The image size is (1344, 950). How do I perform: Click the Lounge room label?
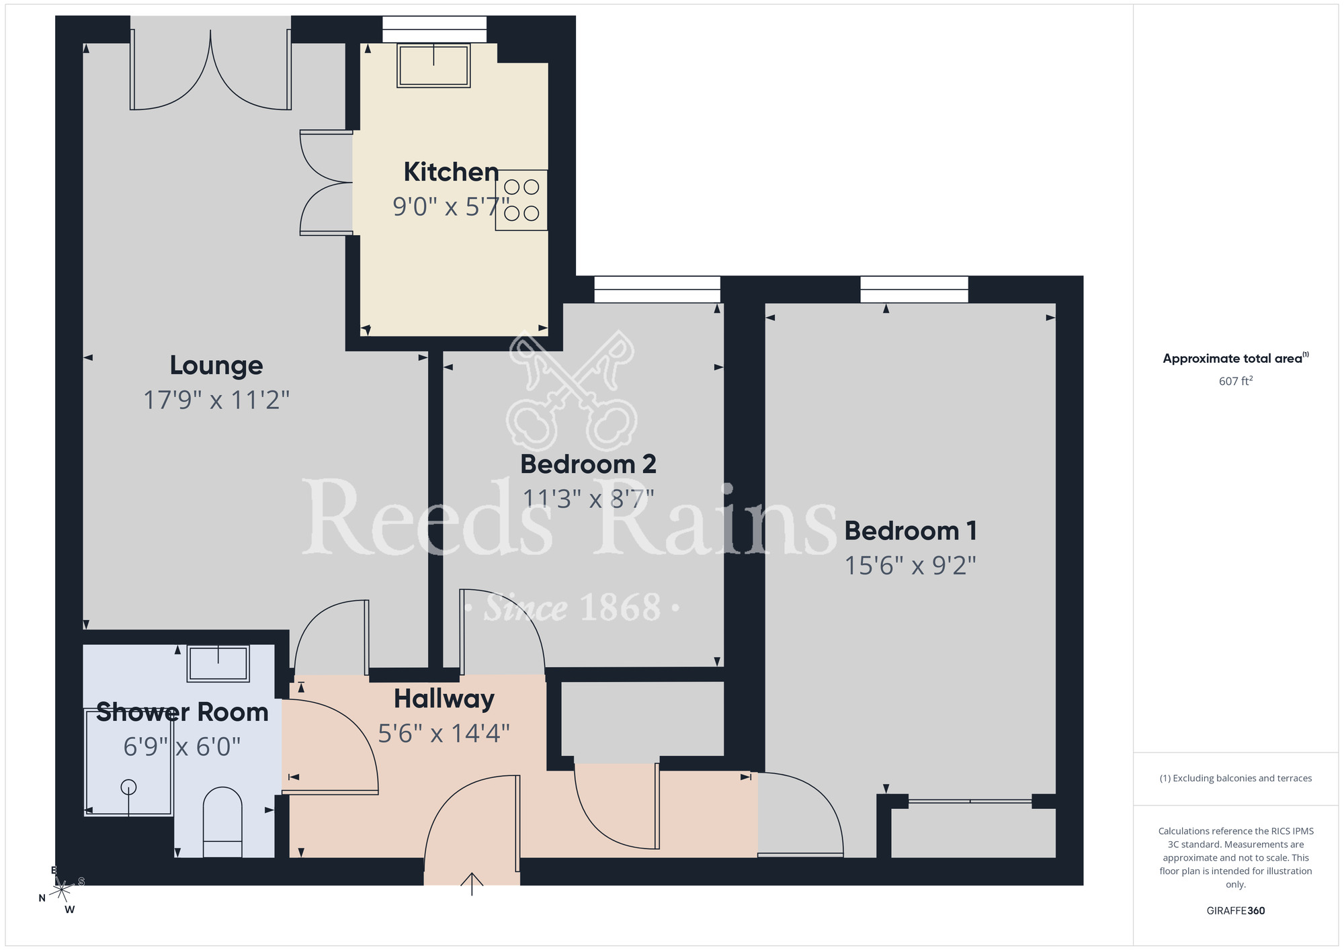click(216, 365)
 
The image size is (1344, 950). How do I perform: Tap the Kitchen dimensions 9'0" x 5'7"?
click(450, 206)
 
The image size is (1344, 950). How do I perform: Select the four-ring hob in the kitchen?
click(521, 200)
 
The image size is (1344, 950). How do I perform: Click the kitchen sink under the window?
click(433, 65)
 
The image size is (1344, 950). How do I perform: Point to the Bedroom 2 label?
click(588, 464)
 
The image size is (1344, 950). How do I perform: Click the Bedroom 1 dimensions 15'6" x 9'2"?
click(910, 566)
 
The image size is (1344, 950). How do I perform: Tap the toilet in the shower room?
click(222, 822)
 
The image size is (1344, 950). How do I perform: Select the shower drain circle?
click(128, 787)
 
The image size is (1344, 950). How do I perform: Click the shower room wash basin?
click(218, 663)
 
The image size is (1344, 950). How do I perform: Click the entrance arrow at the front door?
click(472, 883)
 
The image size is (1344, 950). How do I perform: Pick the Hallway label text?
click(444, 699)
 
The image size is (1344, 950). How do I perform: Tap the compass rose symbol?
click(62, 890)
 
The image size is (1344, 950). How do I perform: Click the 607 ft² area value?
click(1235, 381)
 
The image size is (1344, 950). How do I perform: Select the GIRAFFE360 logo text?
click(1235, 911)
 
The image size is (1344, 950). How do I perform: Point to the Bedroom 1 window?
click(914, 290)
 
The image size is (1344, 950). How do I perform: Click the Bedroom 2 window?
click(657, 290)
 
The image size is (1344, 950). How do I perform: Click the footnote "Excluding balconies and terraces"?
click(1235, 778)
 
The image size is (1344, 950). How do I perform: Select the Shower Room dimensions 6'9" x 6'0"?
click(181, 746)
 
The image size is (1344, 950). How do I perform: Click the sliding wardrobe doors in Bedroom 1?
click(970, 801)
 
